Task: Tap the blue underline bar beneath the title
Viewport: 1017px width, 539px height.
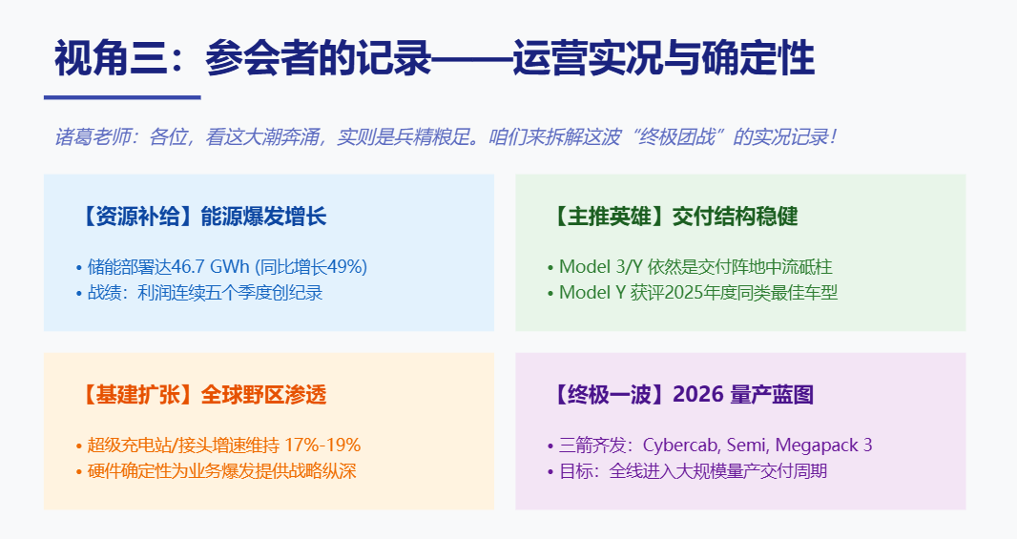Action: click(122, 96)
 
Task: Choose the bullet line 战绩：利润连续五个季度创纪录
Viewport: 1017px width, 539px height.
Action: click(204, 293)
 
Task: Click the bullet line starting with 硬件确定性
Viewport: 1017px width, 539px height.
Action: click(220, 471)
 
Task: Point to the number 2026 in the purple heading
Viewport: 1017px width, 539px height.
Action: click(697, 395)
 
